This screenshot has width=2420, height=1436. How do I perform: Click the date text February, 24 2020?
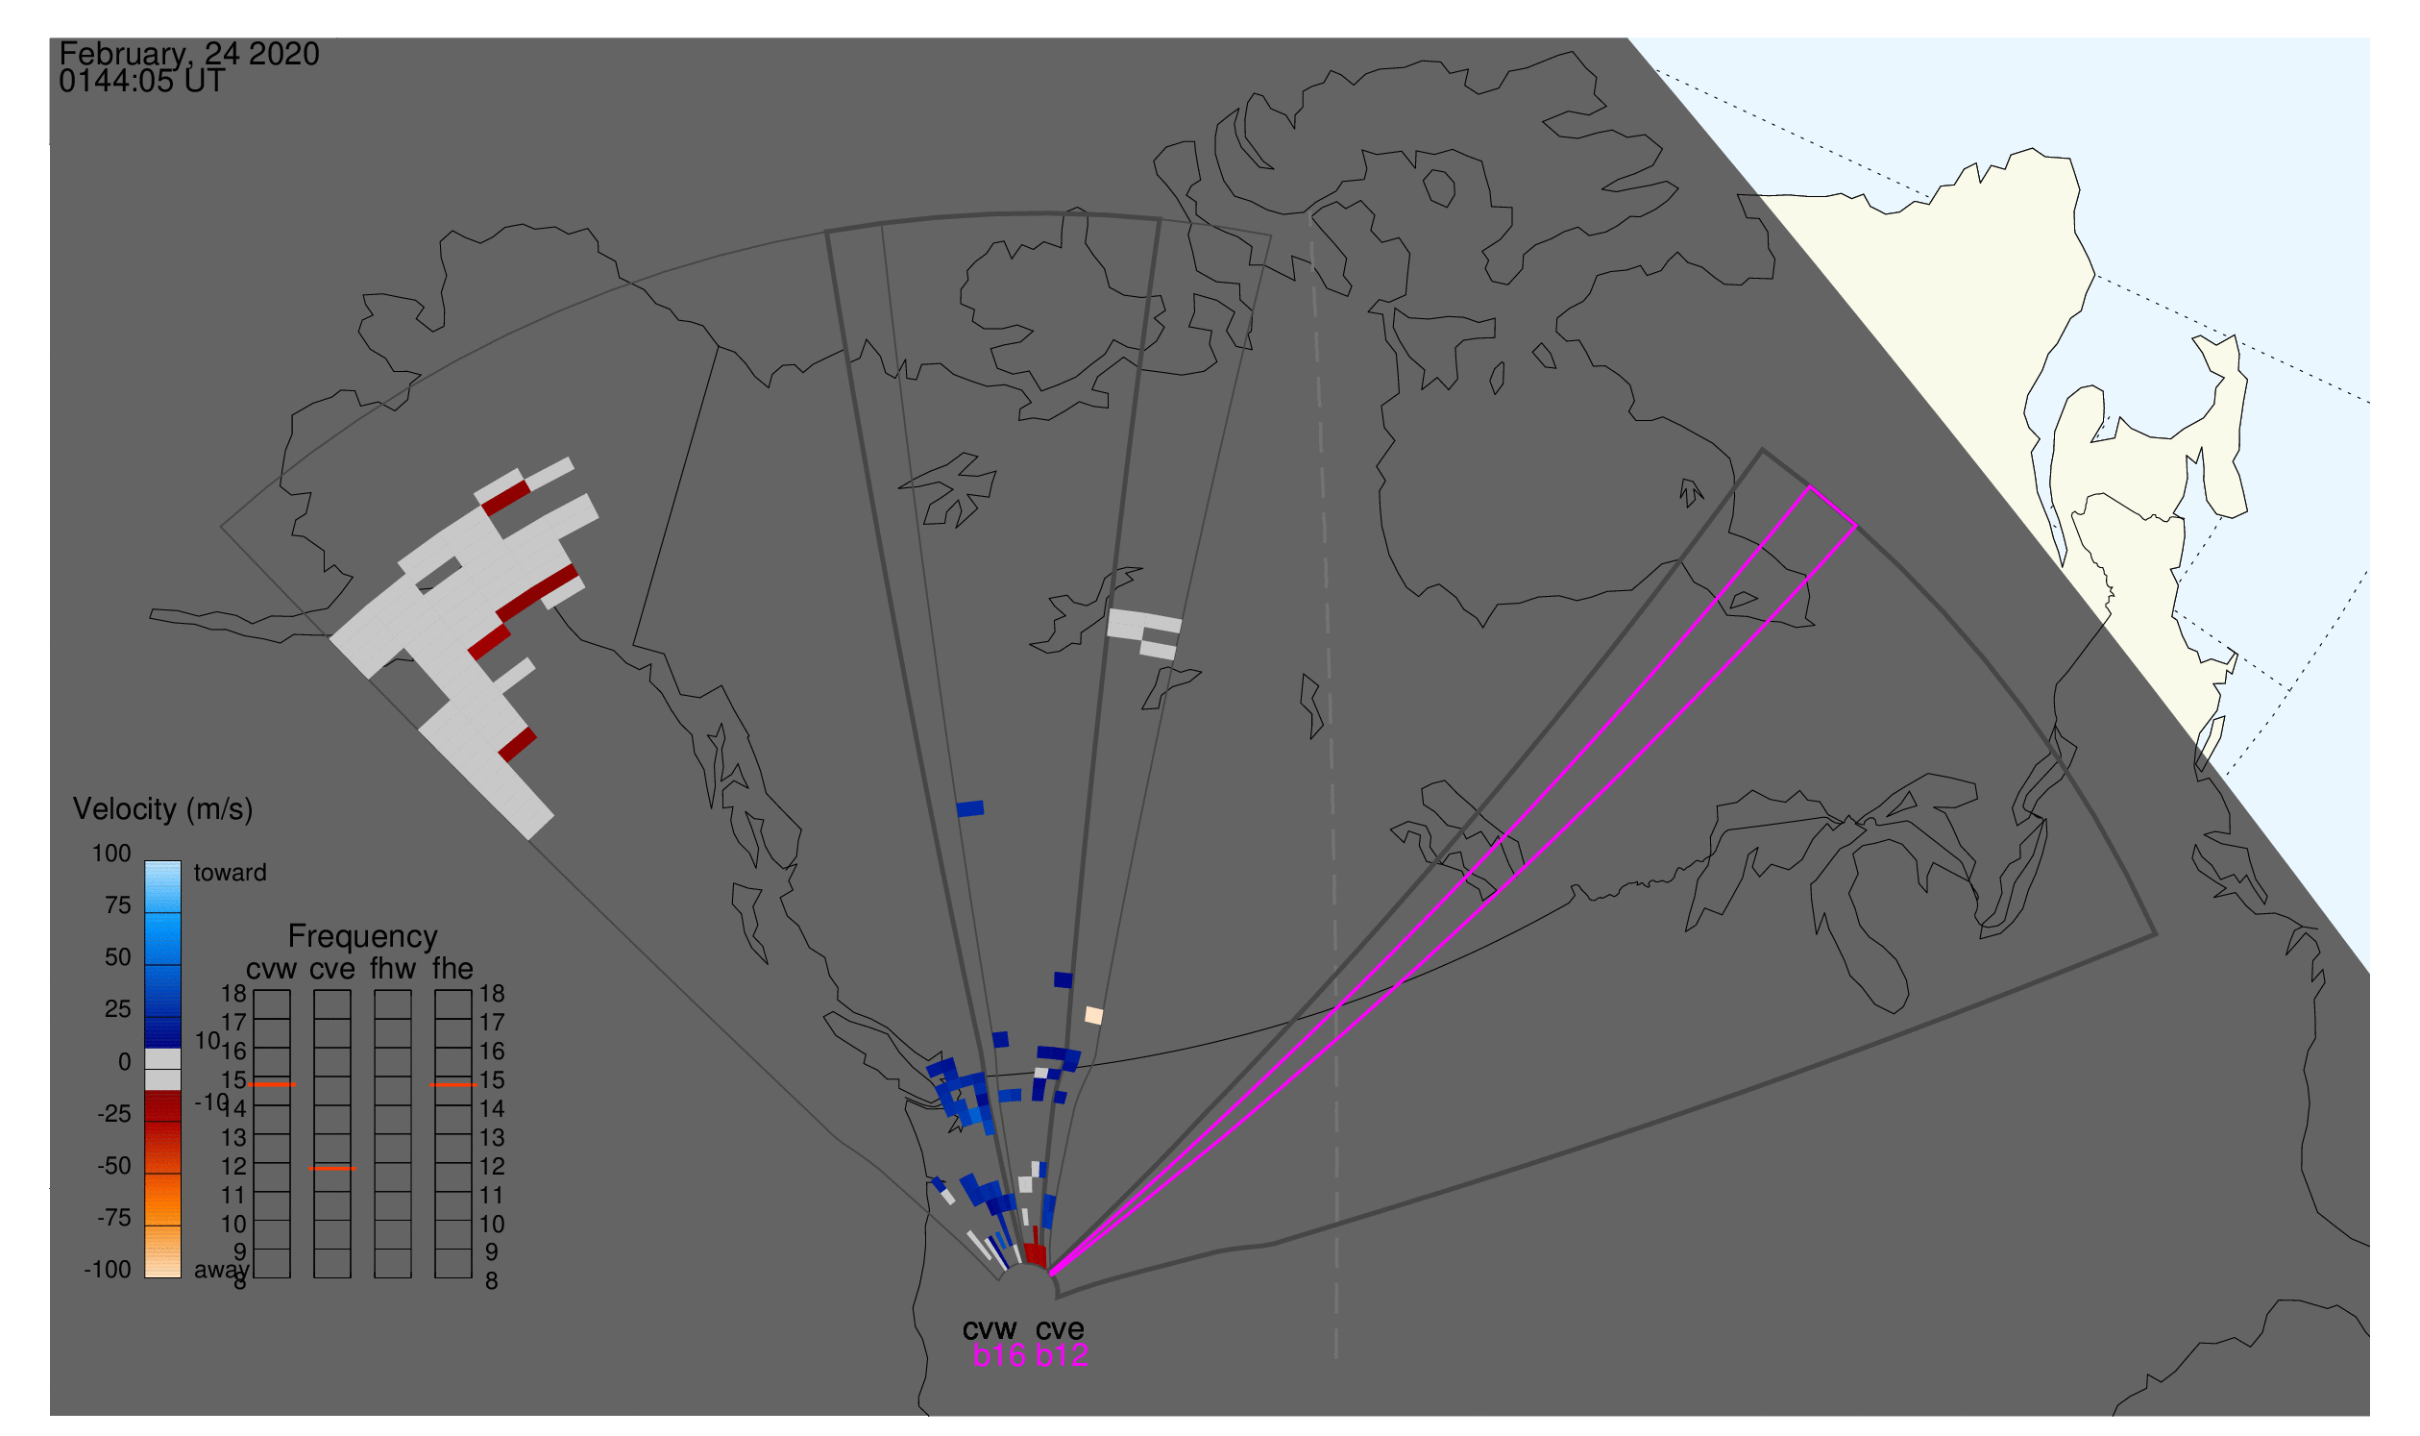[188, 54]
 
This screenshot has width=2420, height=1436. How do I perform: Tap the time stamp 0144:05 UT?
[141, 82]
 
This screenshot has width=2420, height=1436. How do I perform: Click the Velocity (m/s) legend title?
[162, 809]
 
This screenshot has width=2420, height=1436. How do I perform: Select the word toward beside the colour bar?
[231, 873]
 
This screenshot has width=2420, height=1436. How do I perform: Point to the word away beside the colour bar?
[222, 1271]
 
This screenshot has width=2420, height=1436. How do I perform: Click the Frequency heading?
[363, 937]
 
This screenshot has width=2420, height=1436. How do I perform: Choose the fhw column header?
[393, 969]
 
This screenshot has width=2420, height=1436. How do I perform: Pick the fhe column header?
[452, 969]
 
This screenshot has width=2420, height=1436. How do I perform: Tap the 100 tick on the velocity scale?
[111, 854]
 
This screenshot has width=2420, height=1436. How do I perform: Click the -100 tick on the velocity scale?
[108, 1270]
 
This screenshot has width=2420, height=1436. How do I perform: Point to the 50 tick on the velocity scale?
[118, 957]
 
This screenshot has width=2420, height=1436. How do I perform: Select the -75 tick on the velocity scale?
[114, 1217]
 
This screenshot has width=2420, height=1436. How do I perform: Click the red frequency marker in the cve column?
[331, 1169]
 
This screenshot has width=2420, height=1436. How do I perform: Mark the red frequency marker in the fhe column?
[452, 1086]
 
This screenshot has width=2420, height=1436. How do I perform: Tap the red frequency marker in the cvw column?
[272, 1086]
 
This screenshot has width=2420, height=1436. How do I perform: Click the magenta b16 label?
[999, 1356]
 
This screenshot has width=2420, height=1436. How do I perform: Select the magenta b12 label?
[1062, 1356]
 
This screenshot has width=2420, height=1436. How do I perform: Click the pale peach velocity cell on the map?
[1094, 1016]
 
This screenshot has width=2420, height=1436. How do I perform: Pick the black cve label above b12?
[1060, 1329]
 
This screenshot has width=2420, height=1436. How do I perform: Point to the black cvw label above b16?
[990, 1329]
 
